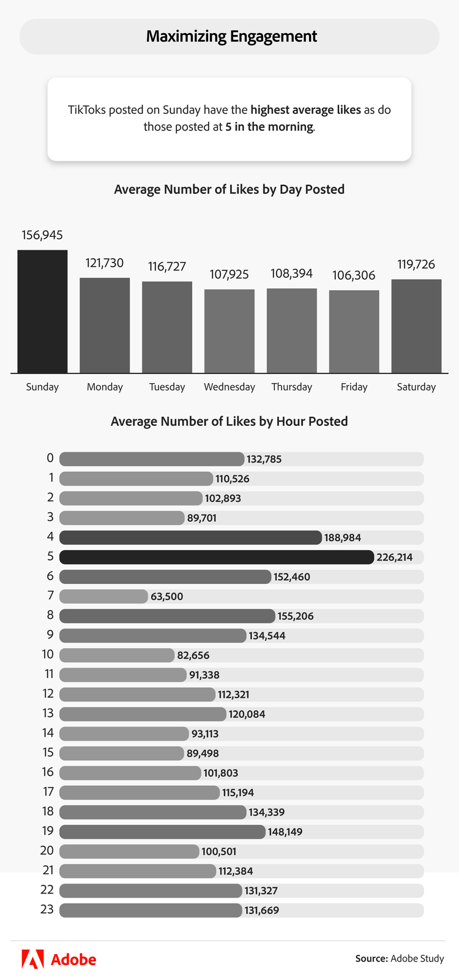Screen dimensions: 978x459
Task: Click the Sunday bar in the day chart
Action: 42,312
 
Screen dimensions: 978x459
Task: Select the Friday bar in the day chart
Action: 354,331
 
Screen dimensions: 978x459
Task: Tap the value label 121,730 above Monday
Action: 105,263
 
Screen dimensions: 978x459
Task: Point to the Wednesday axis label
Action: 229,387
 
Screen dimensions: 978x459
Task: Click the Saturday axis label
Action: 416,387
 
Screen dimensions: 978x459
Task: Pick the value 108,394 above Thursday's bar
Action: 292,274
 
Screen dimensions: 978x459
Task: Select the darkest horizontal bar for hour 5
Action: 217,557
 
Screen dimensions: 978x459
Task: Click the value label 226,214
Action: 395,558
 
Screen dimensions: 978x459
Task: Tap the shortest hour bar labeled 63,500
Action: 104,596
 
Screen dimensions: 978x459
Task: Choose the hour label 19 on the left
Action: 48,831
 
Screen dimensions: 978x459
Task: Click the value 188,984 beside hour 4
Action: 343,538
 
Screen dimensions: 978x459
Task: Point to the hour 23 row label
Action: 47,909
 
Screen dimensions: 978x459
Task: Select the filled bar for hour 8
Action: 167,616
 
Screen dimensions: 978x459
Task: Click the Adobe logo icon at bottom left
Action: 32,959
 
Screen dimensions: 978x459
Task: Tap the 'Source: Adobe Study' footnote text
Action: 400,958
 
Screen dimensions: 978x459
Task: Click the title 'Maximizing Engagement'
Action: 231,37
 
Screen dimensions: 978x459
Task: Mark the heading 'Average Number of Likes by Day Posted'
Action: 229,190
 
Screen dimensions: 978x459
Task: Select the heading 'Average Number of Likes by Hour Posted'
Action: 229,422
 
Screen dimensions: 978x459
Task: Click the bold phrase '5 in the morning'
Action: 269,127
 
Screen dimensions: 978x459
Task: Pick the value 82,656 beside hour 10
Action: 193,655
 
